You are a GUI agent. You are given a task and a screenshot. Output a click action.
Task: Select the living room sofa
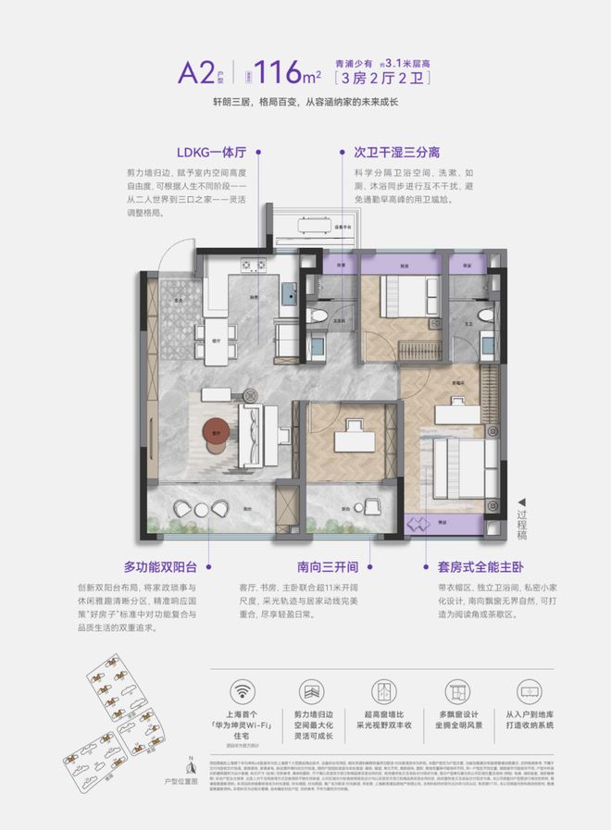point(251,431)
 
